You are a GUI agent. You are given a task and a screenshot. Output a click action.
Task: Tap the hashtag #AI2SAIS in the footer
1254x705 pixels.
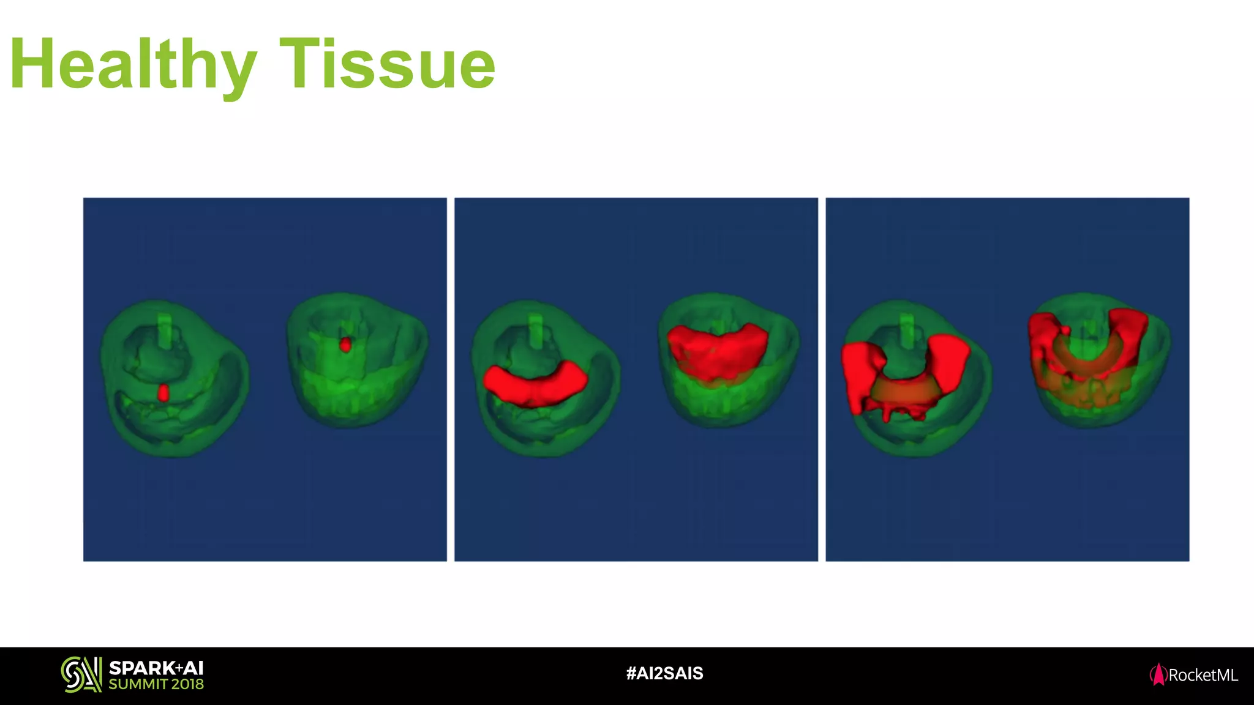[664, 674]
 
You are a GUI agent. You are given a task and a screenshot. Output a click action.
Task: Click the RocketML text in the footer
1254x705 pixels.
[1203, 676]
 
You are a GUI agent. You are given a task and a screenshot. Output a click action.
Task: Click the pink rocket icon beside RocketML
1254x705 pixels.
[1158, 675]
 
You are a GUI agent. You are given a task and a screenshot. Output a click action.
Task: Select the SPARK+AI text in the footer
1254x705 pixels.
[156, 668]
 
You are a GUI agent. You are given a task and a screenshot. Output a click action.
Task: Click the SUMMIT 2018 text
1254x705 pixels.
[156, 685]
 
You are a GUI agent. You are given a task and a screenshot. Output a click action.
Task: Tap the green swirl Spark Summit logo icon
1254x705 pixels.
[81, 675]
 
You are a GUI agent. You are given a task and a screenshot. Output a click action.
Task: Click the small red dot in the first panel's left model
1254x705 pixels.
[163, 393]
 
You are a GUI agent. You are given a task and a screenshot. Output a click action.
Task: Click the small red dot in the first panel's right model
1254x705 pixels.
[345, 345]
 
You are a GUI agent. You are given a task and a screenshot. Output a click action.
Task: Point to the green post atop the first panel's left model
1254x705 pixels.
[165, 330]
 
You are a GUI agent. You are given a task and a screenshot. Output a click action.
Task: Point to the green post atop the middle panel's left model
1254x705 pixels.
[536, 331]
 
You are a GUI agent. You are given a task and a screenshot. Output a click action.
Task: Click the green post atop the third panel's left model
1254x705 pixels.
[907, 331]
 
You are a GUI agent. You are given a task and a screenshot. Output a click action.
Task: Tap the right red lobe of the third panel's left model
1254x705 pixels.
[949, 361]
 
